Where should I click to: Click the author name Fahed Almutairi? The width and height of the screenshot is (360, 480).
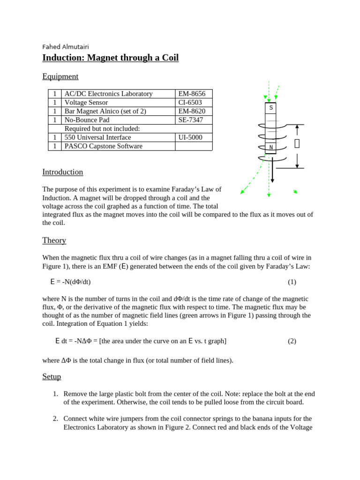[x=66, y=47]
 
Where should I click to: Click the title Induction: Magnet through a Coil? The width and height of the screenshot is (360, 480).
[x=110, y=58]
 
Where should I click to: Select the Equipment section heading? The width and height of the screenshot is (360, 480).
[x=60, y=76]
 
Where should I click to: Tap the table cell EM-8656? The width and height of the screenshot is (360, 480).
[x=192, y=94]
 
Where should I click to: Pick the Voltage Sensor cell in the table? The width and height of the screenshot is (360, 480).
[x=86, y=103]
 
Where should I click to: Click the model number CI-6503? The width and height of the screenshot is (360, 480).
[x=191, y=103]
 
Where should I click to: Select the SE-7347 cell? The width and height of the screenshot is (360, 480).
[x=191, y=120]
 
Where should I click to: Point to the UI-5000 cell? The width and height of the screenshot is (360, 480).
[x=191, y=137]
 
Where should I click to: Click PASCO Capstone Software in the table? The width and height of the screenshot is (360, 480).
[x=104, y=146]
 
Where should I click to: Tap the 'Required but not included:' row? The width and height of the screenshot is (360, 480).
[x=102, y=129]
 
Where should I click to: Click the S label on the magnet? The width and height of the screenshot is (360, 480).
[x=270, y=108]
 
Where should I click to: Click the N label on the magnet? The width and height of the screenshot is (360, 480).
[x=270, y=148]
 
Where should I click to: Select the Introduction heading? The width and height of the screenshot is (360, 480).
[x=62, y=172]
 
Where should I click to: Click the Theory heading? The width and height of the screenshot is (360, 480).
[x=54, y=240]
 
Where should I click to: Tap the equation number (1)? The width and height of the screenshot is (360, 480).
[x=292, y=282]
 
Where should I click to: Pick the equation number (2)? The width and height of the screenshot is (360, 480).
[x=292, y=341]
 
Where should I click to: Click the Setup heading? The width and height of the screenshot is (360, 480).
[x=52, y=377]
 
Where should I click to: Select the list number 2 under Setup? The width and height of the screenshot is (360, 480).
[x=55, y=418]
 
